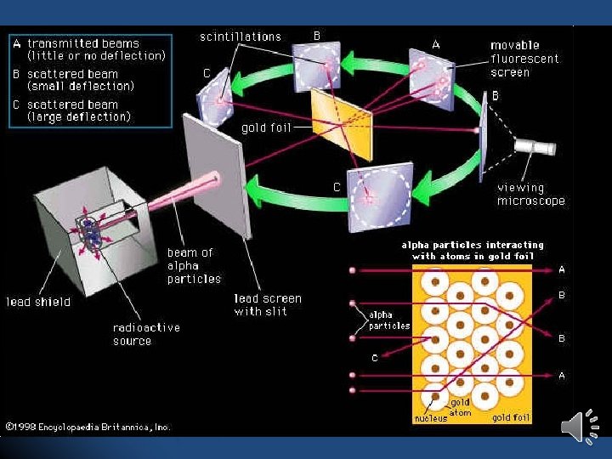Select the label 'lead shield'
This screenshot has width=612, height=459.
[x=39, y=302]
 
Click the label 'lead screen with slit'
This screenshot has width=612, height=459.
[x=268, y=305]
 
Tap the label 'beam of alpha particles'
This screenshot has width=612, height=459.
[x=194, y=265]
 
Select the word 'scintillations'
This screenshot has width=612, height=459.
[x=241, y=37]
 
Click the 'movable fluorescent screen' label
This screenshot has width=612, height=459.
[x=524, y=59]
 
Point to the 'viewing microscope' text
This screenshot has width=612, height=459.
[x=531, y=195]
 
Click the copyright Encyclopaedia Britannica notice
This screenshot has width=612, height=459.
[x=88, y=427]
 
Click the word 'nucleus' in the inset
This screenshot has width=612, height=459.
[x=431, y=418]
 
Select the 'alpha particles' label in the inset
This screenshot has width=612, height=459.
[x=389, y=320]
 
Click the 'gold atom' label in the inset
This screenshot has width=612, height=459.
[x=461, y=407]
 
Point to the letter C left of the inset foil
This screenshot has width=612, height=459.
[x=374, y=358]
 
